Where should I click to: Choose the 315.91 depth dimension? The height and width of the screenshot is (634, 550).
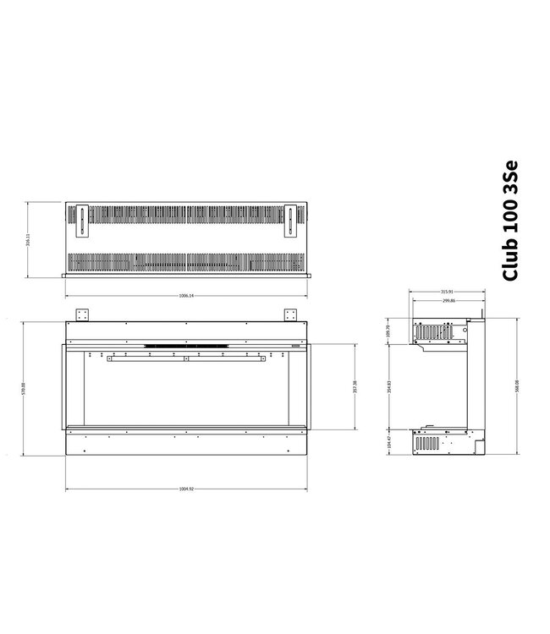click(446, 292)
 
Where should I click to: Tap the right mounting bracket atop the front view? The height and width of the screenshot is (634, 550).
click(291, 314)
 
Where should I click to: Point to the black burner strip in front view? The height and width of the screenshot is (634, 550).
click(186, 345)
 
